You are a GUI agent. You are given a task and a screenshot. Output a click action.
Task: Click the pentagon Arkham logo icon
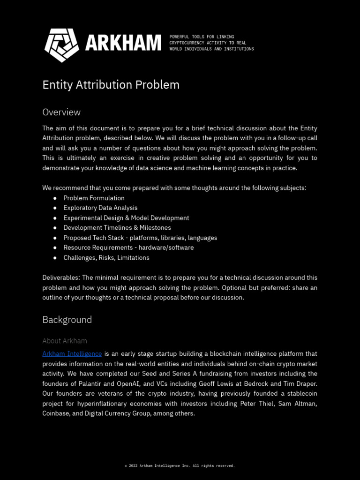pos(61,45)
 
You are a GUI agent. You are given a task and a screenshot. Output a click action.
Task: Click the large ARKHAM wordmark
pos(123,44)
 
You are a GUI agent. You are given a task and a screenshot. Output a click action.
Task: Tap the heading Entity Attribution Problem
pos(111,85)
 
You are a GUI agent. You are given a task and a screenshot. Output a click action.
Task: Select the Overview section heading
pos(61,112)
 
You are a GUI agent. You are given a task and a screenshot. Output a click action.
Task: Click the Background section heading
pos(67,320)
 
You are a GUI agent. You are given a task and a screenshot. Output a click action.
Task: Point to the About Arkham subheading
pos(65,341)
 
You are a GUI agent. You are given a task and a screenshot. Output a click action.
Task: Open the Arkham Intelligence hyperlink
pos(72,354)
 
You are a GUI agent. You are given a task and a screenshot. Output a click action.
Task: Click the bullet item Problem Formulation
pos(94,198)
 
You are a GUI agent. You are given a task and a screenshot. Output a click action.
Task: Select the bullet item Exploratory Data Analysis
pos(100,208)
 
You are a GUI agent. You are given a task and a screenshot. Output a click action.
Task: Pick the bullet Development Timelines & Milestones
pos(117,228)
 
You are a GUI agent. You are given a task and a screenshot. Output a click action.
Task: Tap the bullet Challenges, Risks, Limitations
pos(106,258)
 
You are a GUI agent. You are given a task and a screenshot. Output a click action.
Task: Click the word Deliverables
pos(60,278)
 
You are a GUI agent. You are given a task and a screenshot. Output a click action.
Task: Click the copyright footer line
pos(180,466)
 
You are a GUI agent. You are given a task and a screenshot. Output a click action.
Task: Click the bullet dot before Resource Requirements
pos(55,248)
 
